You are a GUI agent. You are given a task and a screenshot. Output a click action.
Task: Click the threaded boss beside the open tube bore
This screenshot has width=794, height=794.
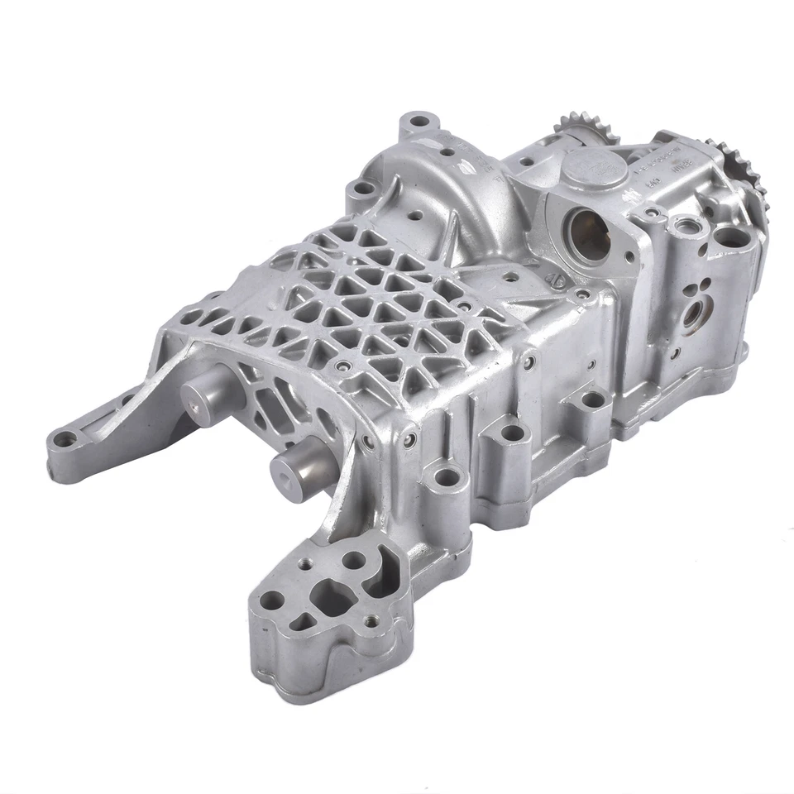point(686,226)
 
